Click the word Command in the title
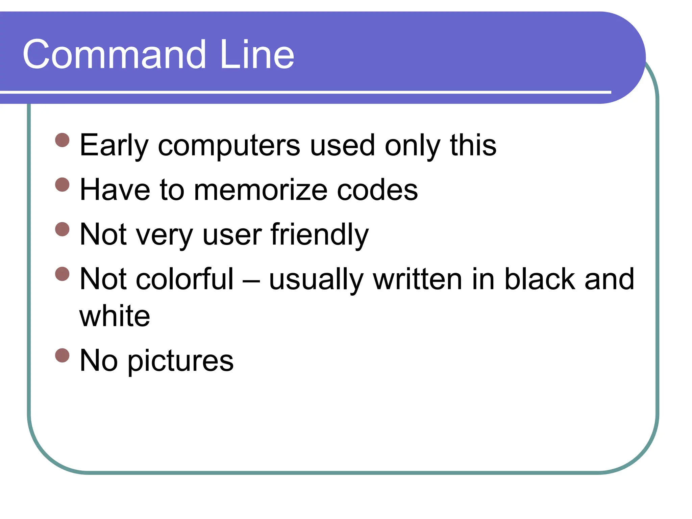pyautogui.click(x=115, y=55)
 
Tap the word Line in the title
pyautogui.click(x=257, y=55)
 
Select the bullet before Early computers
pyautogui.click(x=62, y=140)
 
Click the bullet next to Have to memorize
pyautogui.click(x=62, y=184)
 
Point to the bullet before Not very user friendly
pyautogui.click(x=62, y=229)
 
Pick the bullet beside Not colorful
pyautogui.click(x=62, y=274)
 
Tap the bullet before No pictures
pyautogui.click(x=62, y=355)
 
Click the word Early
pyautogui.click(x=114, y=145)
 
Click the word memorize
pyautogui.click(x=261, y=190)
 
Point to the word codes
pyautogui.click(x=377, y=190)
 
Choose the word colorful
pyautogui.click(x=184, y=279)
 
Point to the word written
pyautogui.click(x=418, y=279)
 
